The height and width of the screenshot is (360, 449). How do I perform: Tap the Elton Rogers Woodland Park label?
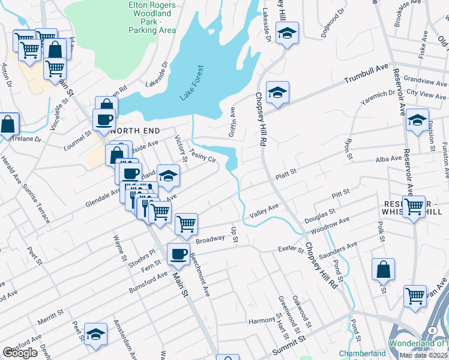pos(152,17)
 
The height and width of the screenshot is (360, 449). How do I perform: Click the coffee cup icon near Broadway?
pos(178,254)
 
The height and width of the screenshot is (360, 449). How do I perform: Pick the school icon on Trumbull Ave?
pos(277,92)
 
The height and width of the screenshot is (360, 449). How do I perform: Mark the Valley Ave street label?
pos(265,209)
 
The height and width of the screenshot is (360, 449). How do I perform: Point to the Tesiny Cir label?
pos(202,156)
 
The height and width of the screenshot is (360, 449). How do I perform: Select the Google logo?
pos(20,353)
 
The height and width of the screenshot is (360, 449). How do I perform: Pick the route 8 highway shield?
pos(432,331)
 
